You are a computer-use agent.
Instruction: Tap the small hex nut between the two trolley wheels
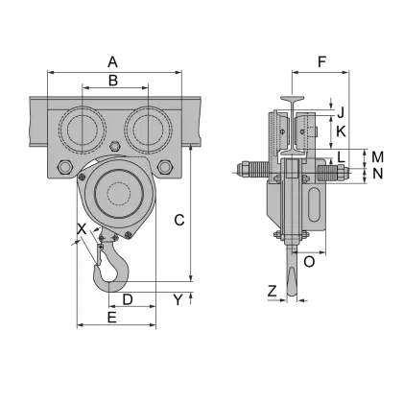click(x=116, y=146)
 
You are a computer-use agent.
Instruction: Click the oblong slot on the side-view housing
click(x=316, y=204)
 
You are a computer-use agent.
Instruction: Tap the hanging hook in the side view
click(x=288, y=278)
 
